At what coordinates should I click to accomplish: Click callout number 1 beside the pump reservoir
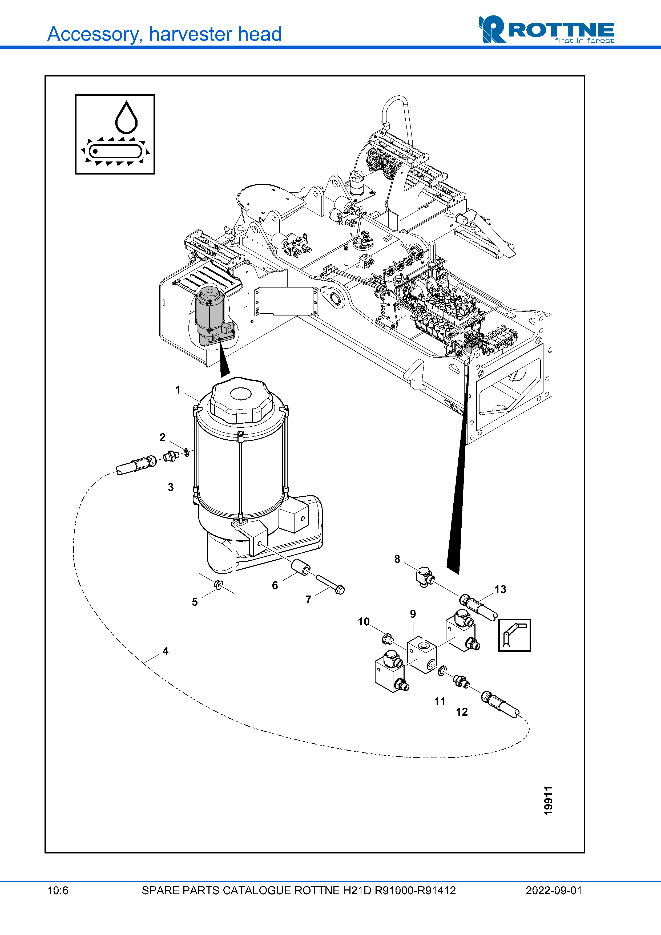point(178,390)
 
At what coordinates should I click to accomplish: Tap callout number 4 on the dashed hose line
point(165,651)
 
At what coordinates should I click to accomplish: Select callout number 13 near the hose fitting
point(500,589)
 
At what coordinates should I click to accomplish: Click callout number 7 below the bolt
point(308,600)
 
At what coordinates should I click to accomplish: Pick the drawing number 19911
point(549,801)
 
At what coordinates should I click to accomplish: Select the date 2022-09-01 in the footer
point(554,890)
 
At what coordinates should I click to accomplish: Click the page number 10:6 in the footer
point(58,890)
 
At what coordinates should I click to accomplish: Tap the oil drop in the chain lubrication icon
point(126,118)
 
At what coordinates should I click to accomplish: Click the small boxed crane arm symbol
point(514,635)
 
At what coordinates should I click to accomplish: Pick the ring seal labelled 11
point(442,670)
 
